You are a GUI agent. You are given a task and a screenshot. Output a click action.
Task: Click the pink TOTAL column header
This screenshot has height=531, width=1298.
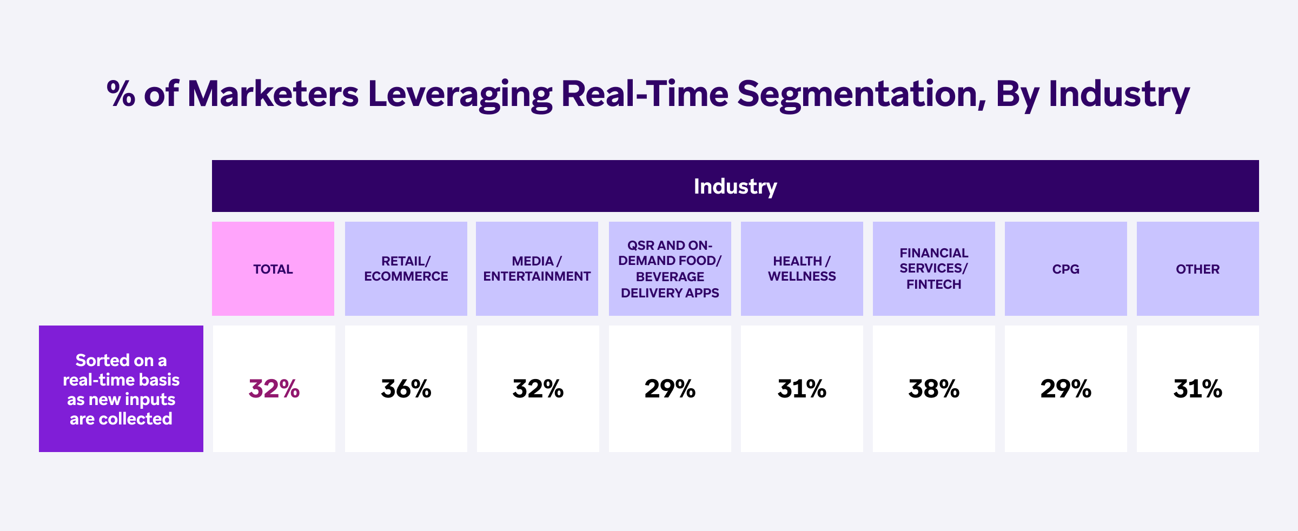pos(273,269)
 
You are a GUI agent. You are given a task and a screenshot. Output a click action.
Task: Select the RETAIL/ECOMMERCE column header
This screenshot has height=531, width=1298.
pos(406,269)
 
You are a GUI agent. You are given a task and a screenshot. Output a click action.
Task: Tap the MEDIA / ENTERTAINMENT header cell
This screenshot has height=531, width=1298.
pos(537,269)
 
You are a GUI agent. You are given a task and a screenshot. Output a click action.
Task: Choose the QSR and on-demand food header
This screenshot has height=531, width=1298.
pos(670,269)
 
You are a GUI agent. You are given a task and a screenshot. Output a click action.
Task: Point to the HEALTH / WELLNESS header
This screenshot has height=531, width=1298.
pos(802,269)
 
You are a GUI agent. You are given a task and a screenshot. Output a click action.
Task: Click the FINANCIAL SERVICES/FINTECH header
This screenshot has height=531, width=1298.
pos(934,269)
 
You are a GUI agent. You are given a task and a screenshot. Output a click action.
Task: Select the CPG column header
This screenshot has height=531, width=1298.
pos(1066,269)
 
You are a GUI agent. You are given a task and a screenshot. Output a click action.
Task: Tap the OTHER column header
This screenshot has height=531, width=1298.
pos(1198,269)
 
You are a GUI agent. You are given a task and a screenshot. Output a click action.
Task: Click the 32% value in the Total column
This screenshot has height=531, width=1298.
pos(274,389)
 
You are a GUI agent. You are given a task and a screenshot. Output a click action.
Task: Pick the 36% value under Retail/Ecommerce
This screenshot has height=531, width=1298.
pos(406,389)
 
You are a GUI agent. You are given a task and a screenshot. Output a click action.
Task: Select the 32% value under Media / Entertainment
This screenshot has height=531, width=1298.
pos(538,389)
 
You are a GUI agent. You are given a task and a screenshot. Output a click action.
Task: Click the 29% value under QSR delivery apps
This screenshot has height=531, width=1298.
pos(670,389)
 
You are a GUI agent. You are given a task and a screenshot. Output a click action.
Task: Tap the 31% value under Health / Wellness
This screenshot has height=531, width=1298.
pos(802,389)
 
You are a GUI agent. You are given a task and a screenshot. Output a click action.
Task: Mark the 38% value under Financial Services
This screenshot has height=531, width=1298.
pos(934,389)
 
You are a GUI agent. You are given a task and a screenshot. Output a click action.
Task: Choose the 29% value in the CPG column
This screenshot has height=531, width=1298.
pos(1066,389)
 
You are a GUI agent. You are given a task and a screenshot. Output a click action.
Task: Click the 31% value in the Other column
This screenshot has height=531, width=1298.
pos(1198,389)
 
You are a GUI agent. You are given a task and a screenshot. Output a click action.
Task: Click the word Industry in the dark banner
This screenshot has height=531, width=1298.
pos(735,187)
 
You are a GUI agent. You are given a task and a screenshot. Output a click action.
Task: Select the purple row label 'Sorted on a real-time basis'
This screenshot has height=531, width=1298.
pos(121,389)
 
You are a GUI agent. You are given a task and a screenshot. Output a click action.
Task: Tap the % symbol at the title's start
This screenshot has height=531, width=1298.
pos(121,94)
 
